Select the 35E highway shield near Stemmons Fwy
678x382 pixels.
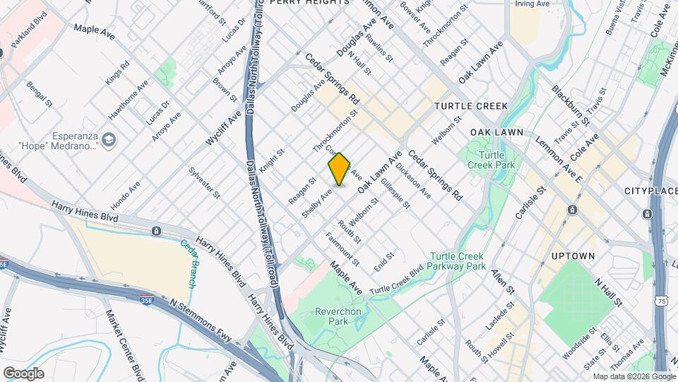tap(146, 300)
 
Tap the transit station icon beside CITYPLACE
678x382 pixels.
tap(647, 214)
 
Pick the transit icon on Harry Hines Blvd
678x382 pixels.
tap(156, 231)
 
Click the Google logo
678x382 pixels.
tap(23, 373)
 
